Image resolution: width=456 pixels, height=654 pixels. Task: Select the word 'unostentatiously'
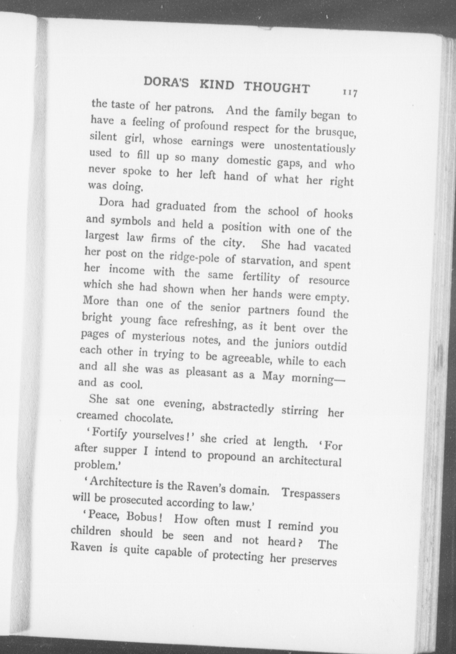[x=314, y=148]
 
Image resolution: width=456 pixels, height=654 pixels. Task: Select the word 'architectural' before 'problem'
[x=310, y=461]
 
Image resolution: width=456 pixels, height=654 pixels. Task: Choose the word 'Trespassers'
[x=310, y=494]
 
